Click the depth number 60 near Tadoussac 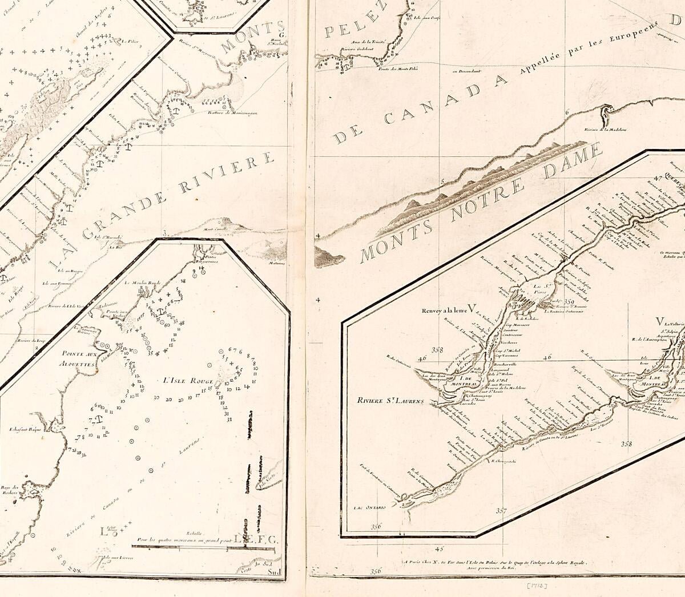(x=167, y=325)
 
